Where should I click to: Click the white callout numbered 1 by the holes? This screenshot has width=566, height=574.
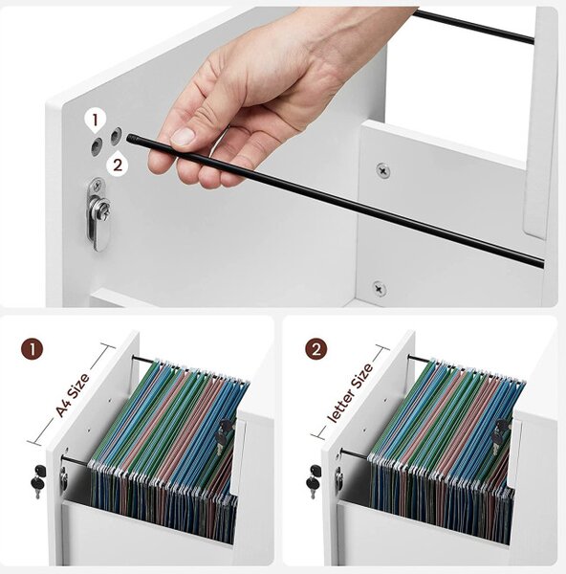[95, 121]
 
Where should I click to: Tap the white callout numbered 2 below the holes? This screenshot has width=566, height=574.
[117, 165]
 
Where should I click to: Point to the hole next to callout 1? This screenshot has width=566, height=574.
[97, 146]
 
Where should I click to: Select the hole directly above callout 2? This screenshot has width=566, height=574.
[117, 135]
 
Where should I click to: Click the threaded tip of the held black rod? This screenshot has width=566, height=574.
[131, 139]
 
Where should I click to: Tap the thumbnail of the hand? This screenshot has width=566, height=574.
[183, 136]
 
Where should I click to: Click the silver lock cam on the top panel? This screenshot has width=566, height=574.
[98, 213]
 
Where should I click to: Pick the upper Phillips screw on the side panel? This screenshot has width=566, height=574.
[383, 170]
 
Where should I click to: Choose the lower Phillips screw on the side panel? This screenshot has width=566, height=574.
[379, 289]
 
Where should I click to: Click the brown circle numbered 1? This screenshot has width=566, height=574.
[33, 349]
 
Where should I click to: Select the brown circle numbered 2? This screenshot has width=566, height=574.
[316, 349]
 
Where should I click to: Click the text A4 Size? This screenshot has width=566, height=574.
[73, 395]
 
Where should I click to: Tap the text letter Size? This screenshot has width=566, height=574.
[351, 392]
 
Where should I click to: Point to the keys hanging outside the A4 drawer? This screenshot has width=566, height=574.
[38, 480]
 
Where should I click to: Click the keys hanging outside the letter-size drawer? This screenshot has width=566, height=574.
[315, 480]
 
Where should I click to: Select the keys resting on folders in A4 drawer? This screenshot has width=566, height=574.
[223, 436]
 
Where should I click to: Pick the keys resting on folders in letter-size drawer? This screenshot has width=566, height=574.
[500, 436]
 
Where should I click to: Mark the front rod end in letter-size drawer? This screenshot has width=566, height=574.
[343, 453]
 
